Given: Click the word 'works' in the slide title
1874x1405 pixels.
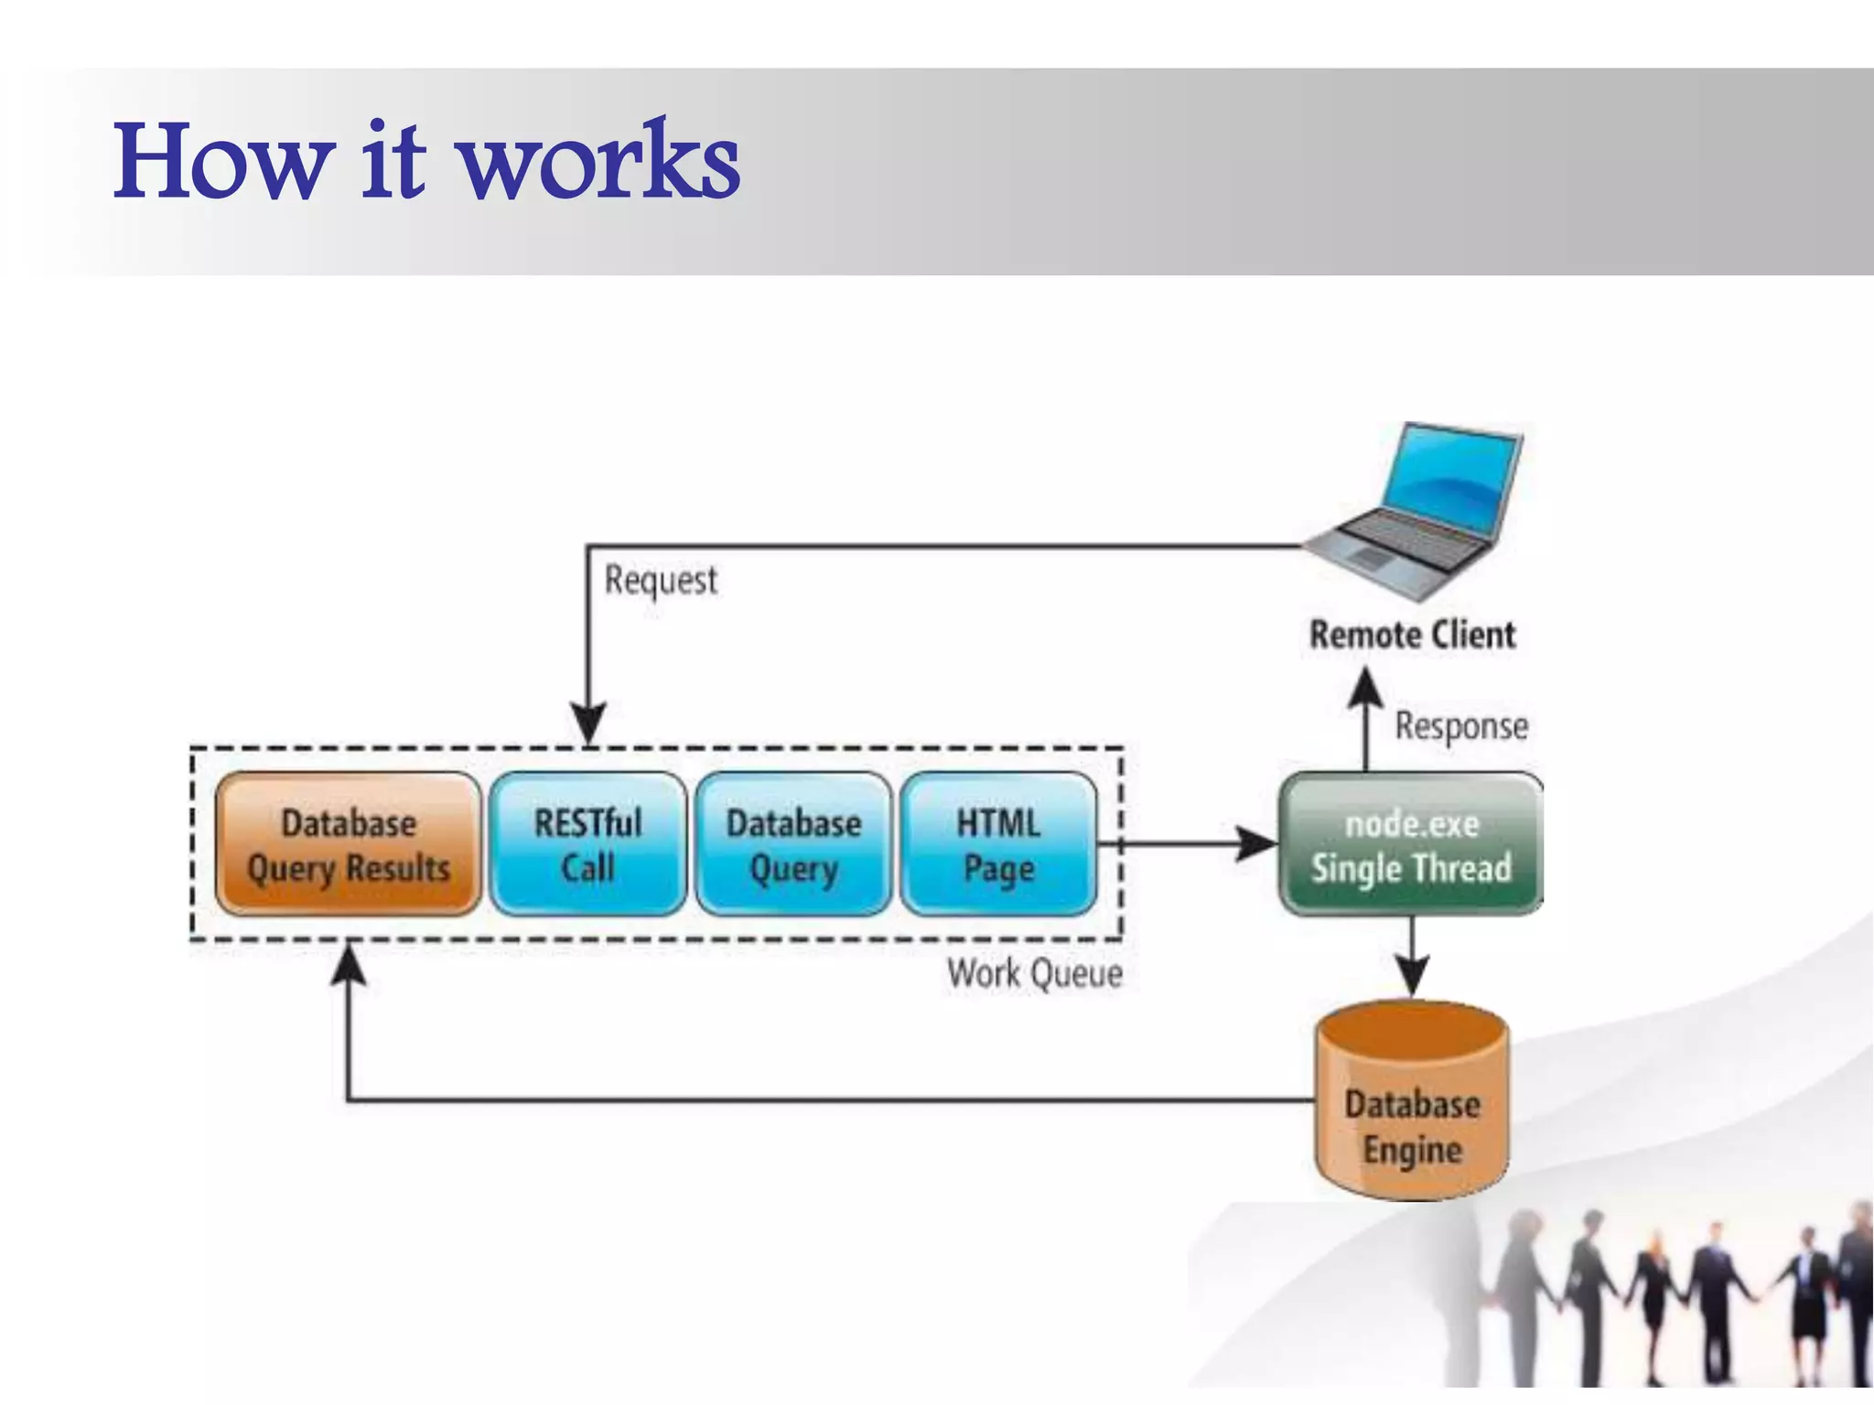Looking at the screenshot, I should [x=599, y=163].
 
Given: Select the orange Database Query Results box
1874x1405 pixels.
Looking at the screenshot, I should [x=349, y=844].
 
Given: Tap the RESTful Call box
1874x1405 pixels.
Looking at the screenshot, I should [x=587, y=844].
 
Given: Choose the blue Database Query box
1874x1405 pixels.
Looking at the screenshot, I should [x=793, y=844].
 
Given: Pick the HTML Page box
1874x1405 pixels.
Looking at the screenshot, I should [x=998, y=844].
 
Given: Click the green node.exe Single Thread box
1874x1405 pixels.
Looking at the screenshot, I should [x=1411, y=844].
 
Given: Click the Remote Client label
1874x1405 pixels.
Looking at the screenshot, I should [x=1412, y=635].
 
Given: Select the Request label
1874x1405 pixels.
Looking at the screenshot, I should [x=661, y=580].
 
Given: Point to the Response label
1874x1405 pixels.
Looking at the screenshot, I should [x=1461, y=726].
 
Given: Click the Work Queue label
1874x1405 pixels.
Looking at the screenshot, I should [x=1035, y=973].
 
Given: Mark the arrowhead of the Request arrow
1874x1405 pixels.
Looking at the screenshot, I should [x=588, y=723].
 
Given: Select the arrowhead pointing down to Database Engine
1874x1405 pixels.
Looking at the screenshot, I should [x=1412, y=977].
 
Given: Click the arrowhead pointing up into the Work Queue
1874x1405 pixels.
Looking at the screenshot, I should [x=349, y=966].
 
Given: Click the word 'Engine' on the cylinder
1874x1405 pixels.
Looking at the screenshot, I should [x=1412, y=1151].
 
